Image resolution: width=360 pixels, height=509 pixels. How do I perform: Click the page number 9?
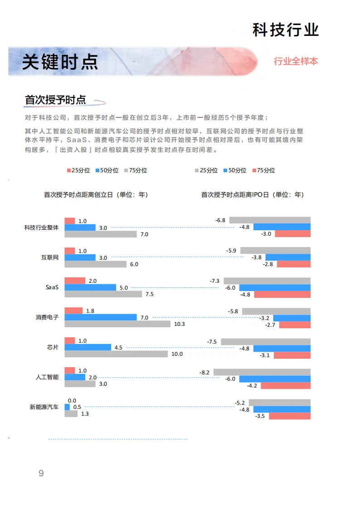click(x=41, y=473)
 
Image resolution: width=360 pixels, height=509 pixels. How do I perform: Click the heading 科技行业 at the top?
click(x=286, y=30)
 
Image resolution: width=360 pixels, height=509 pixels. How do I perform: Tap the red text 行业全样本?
click(x=296, y=61)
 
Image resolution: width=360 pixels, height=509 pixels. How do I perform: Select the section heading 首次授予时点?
click(x=55, y=100)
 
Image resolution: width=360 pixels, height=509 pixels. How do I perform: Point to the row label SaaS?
click(x=52, y=287)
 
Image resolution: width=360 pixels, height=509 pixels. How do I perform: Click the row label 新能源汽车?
click(x=44, y=407)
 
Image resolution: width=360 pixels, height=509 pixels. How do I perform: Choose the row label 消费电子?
click(x=47, y=317)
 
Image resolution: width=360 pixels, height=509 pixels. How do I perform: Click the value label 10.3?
click(x=180, y=324)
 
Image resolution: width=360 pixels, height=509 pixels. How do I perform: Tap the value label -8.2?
click(x=204, y=372)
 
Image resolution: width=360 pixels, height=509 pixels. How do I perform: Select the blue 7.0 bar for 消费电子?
click(x=101, y=317)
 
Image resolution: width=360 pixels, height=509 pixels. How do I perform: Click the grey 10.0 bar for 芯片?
click(x=116, y=354)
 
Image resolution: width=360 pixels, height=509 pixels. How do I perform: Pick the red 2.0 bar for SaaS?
click(x=75, y=281)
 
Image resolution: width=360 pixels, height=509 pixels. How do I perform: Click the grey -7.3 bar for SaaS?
click(x=267, y=281)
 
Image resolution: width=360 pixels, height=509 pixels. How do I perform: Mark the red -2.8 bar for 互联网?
click(x=294, y=264)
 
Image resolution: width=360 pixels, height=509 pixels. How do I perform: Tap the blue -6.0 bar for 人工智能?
click(x=275, y=379)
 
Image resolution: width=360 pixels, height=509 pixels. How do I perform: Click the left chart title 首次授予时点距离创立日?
click(x=78, y=195)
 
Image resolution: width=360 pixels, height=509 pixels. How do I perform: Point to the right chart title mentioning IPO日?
click(x=253, y=195)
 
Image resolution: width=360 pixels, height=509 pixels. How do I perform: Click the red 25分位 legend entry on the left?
click(x=78, y=170)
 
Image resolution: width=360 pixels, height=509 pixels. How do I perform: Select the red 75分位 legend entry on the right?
click(x=263, y=170)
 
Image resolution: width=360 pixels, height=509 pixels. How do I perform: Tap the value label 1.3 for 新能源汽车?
click(x=85, y=414)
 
